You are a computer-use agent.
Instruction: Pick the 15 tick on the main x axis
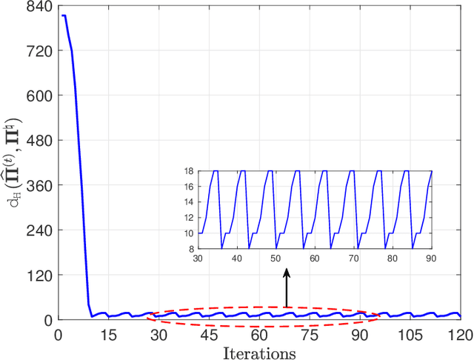109,334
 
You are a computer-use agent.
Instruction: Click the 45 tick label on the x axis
209,334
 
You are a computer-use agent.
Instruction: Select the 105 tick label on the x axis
410,334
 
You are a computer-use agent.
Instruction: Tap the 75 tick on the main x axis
310,334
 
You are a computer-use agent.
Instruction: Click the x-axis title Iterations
258,351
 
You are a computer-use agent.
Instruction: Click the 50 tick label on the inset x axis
275,259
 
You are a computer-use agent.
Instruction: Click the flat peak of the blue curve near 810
64,16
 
